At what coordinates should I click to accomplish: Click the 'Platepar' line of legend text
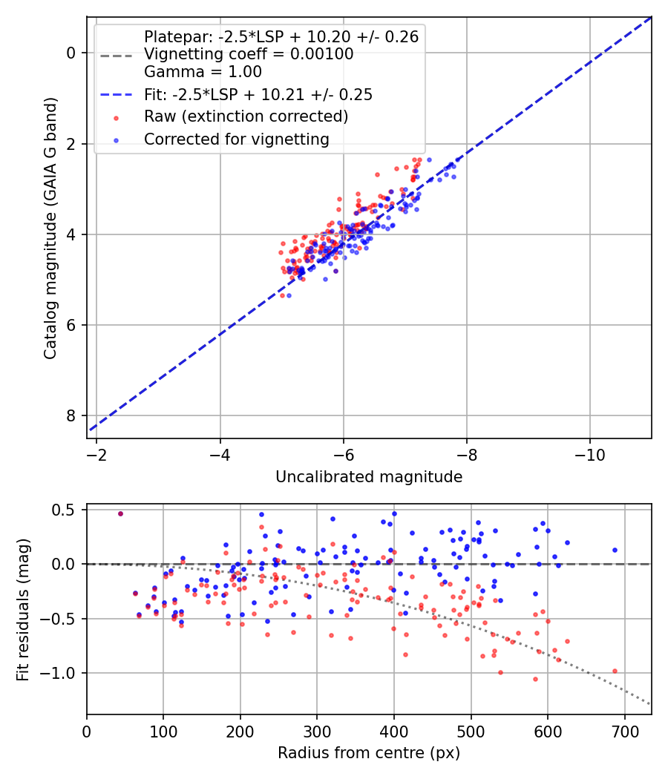[x=281, y=36]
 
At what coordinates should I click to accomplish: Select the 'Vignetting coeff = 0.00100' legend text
[x=249, y=54]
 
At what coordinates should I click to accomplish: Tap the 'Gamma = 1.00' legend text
[x=203, y=72]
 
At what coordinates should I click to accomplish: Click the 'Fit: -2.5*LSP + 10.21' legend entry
[x=258, y=94]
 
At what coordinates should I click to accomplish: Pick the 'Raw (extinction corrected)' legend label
[x=246, y=116]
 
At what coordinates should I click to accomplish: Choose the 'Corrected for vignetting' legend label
[x=236, y=139]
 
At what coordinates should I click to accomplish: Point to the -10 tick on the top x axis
[x=589, y=451]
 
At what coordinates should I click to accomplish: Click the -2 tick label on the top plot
[x=96, y=451]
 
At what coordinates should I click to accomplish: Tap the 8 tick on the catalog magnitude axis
[x=72, y=415]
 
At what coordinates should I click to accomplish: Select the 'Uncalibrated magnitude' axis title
[x=369, y=477]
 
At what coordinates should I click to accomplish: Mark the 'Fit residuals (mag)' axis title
[x=23, y=609]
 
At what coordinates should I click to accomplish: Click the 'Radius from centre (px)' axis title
[x=369, y=753]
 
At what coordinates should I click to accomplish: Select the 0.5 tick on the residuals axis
[x=66, y=510]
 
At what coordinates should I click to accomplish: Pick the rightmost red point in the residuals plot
[x=615, y=671]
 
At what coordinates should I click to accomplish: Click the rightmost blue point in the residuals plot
[x=615, y=550]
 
